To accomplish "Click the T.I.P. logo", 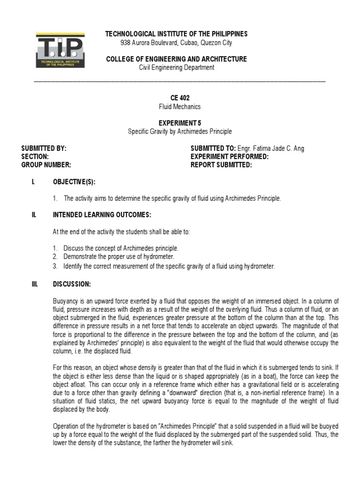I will pyautogui.click(x=60, y=50).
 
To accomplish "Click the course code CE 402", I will pyautogui.click(x=180, y=98).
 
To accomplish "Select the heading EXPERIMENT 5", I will pyautogui.click(x=180, y=123).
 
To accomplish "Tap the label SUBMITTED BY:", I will pyautogui.click(x=44, y=148).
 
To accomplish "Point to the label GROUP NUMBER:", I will pyautogui.click(x=46, y=165).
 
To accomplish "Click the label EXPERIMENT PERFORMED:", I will pyautogui.click(x=230, y=157).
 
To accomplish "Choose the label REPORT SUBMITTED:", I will pyautogui.click(x=221, y=165).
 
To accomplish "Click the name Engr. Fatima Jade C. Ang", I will pyautogui.click(x=271, y=148).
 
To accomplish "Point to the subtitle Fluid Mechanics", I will pyautogui.click(x=180, y=106).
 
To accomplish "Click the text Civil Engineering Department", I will pyautogui.click(x=177, y=67).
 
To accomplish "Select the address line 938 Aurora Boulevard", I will pyautogui.click(x=176, y=43).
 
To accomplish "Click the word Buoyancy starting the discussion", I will pyautogui.click(x=65, y=301).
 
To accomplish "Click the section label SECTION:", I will pyautogui.click(x=35, y=157).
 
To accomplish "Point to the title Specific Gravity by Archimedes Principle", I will pyautogui.click(x=180, y=131).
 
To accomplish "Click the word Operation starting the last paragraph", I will pyautogui.click(x=67, y=426).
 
